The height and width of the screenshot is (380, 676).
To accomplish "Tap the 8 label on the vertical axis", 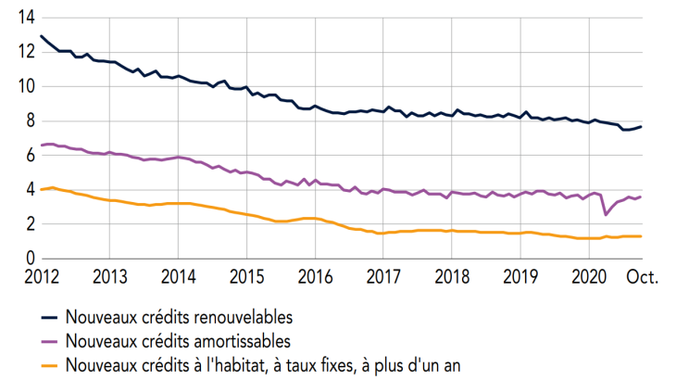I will pyautogui.click(x=31, y=120).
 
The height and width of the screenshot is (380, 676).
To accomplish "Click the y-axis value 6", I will pyautogui.click(x=31, y=155).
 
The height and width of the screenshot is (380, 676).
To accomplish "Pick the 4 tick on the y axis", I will pyautogui.click(x=31, y=189).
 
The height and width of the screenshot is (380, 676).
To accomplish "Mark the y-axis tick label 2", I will pyautogui.click(x=31, y=223).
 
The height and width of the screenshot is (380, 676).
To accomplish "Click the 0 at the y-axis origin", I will pyautogui.click(x=31, y=258).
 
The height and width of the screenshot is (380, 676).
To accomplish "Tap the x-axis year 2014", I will pyautogui.click(x=178, y=277).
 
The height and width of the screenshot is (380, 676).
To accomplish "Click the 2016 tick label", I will pyautogui.click(x=315, y=277).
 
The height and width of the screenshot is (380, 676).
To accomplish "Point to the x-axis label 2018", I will pyautogui.click(x=452, y=277).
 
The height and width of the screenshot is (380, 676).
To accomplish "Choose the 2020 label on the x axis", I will pyautogui.click(x=590, y=277).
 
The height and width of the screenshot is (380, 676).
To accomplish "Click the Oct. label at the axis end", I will pyautogui.click(x=639, y=277).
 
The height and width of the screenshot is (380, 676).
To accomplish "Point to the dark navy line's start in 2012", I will pyautogui.click(x=42, y=36).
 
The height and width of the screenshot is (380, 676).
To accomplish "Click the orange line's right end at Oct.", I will pyautogui.click(x=642, y=236).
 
